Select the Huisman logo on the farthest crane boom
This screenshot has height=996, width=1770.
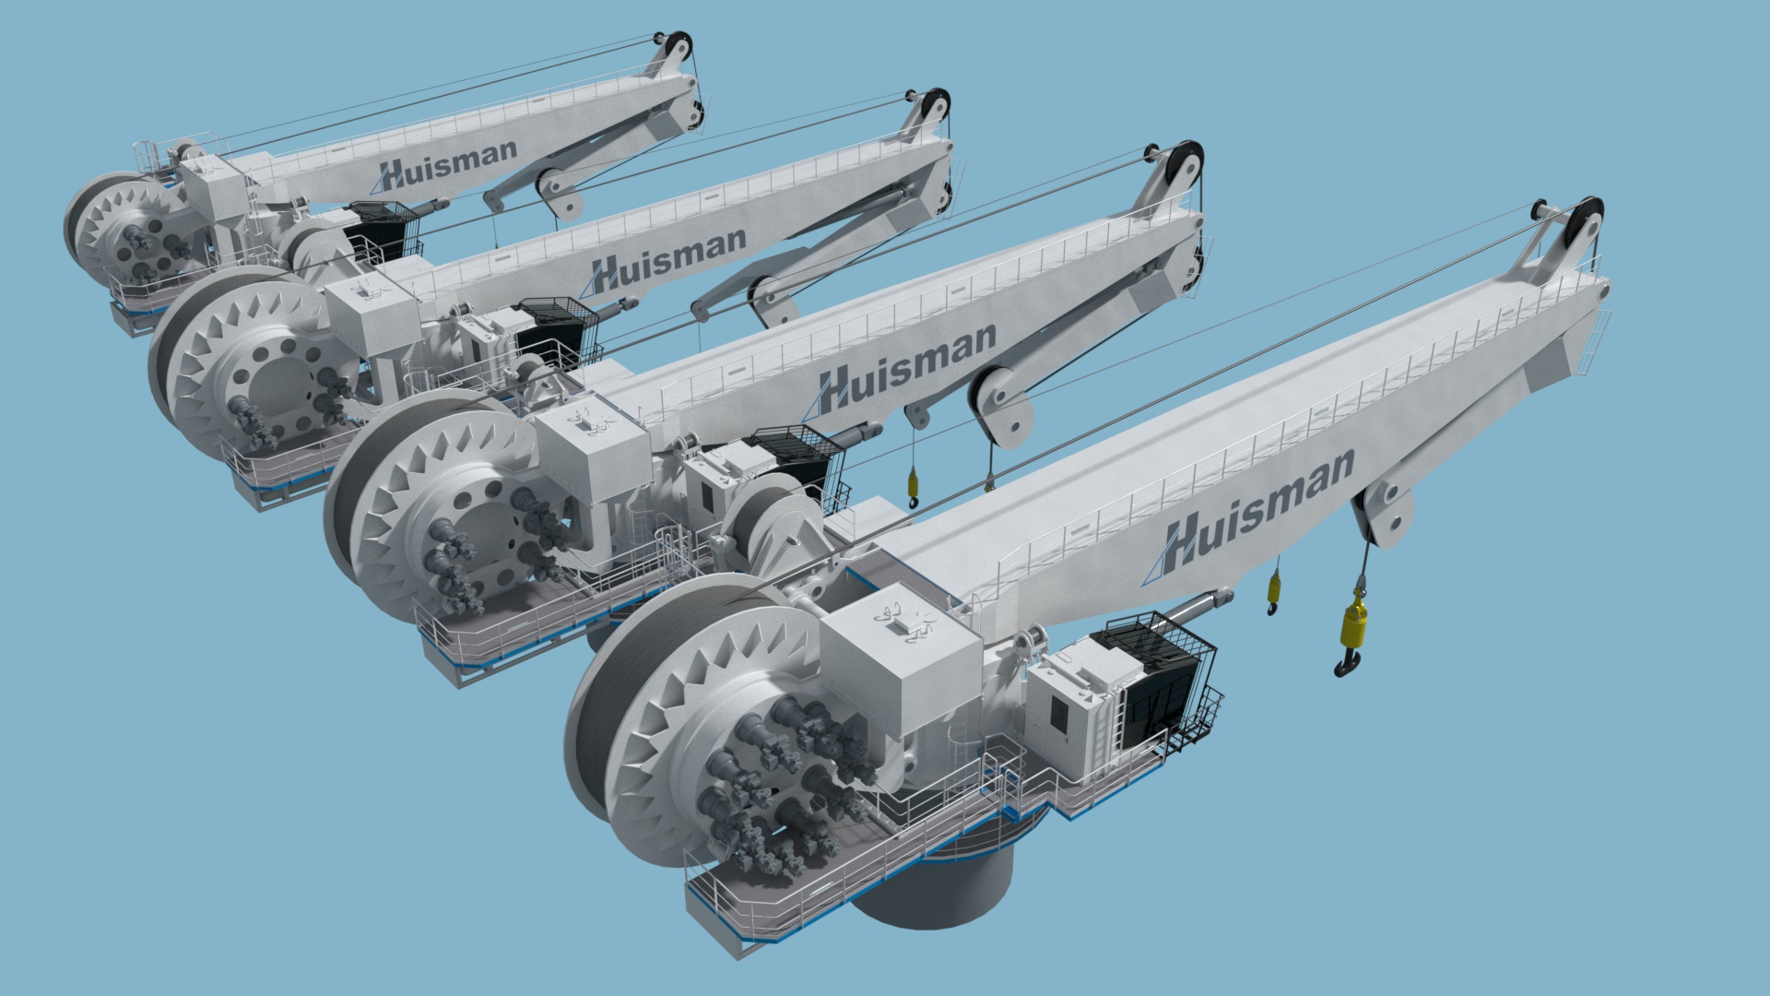pos(448,163)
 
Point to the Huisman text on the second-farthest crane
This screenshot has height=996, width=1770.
pos(667,258)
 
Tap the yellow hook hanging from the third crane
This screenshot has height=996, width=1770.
pos(914,485)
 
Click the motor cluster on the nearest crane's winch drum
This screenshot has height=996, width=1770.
pos(784,784)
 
